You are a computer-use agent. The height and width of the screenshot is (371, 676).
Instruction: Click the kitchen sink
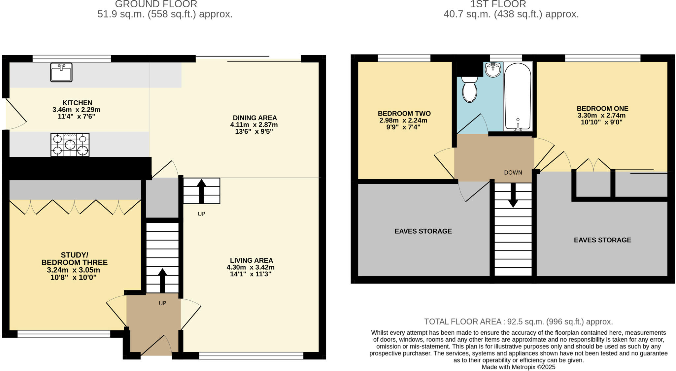coord(61,72)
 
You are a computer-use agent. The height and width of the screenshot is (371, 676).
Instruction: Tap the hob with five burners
coord(70,145)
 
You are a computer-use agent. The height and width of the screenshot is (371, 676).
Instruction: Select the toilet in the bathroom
coord(469,89)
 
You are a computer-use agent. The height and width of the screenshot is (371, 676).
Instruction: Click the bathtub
coord(518,96)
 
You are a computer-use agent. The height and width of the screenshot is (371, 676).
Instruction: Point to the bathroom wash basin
coord(493,70)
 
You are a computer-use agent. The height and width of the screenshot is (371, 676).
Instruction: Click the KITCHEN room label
coord(77,103)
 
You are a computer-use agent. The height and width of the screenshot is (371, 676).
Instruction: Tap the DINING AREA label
coord(254,118)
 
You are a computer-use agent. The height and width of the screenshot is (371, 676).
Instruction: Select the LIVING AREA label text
coord(251,260)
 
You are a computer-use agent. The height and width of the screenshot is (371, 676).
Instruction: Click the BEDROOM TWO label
coord(404,114)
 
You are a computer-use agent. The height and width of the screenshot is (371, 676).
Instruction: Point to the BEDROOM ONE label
coord(602,109)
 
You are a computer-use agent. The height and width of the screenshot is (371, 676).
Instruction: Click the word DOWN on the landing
coord(513,173)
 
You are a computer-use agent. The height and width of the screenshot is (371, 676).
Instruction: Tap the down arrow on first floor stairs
coord(513,195)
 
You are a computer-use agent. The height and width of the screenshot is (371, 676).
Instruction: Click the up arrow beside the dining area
coord(201,191)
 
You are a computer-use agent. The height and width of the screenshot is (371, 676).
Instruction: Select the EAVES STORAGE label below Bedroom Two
coord(423,231)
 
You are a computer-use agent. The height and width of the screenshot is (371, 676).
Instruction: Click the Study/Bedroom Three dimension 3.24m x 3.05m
coord(73,270)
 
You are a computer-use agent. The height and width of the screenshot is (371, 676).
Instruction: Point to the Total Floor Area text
coord(518,321)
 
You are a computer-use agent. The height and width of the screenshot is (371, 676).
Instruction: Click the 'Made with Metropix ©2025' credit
coord(518,367)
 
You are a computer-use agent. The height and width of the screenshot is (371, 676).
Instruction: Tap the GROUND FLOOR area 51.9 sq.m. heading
coord(165,14)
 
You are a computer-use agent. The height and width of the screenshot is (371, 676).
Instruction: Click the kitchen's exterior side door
coord(15,114)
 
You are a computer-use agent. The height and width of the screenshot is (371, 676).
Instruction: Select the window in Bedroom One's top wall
coord(602,58)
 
